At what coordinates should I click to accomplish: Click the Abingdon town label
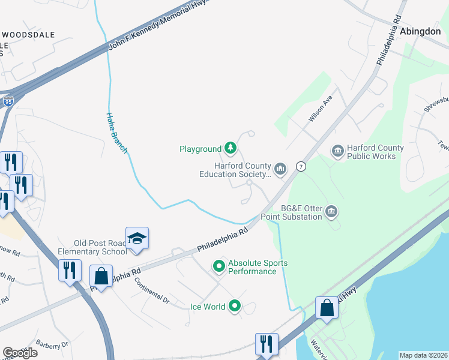click(x=420, y=31)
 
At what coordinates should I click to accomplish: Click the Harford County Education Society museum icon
click(x=280, y=168)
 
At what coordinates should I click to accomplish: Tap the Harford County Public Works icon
click(x=337, y=150)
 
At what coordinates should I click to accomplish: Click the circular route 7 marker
click(x=301, y=167)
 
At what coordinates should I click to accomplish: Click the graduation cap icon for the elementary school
click(x=137, y=238)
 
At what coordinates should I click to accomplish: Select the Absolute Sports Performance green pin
click(x=219, y=265)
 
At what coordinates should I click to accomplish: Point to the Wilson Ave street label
click(x=320, y=111)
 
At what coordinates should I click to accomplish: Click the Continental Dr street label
click(x=152, y=290)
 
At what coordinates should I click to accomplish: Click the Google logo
click(x=20, y=353)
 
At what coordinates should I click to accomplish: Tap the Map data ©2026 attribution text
click(x=423, y=355)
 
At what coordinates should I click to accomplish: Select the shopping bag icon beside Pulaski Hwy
click(x=327, y=307)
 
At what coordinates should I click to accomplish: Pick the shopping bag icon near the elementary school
click(x=101, y=277)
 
